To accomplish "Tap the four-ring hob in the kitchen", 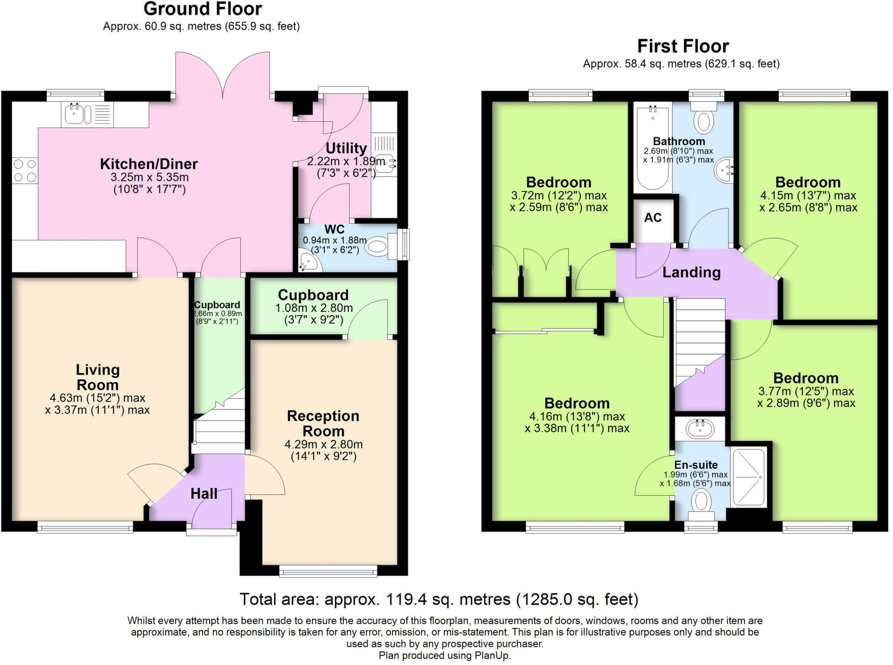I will [x=25, y=171].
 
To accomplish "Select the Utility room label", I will [x=346, y=148].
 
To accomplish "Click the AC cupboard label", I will [x=653, y=217].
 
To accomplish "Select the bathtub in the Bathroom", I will [x=652, y=148].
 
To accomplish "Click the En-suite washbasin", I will [x=700, y=428].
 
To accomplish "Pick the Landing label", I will [x=691, y=272].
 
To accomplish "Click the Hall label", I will [x=204, y=494].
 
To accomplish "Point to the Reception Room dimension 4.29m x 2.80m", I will [x=324, y=444].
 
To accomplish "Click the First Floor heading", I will [x=682, y=46].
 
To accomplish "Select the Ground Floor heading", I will [x=203, y=9].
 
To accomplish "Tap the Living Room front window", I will [x=85, y=528].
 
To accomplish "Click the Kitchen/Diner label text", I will [x=149, y=164].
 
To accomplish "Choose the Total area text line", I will [x=439, y=599].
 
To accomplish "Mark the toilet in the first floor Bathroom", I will [x=703, y=121].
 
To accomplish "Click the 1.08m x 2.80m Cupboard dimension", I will [x=314, y=308].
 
